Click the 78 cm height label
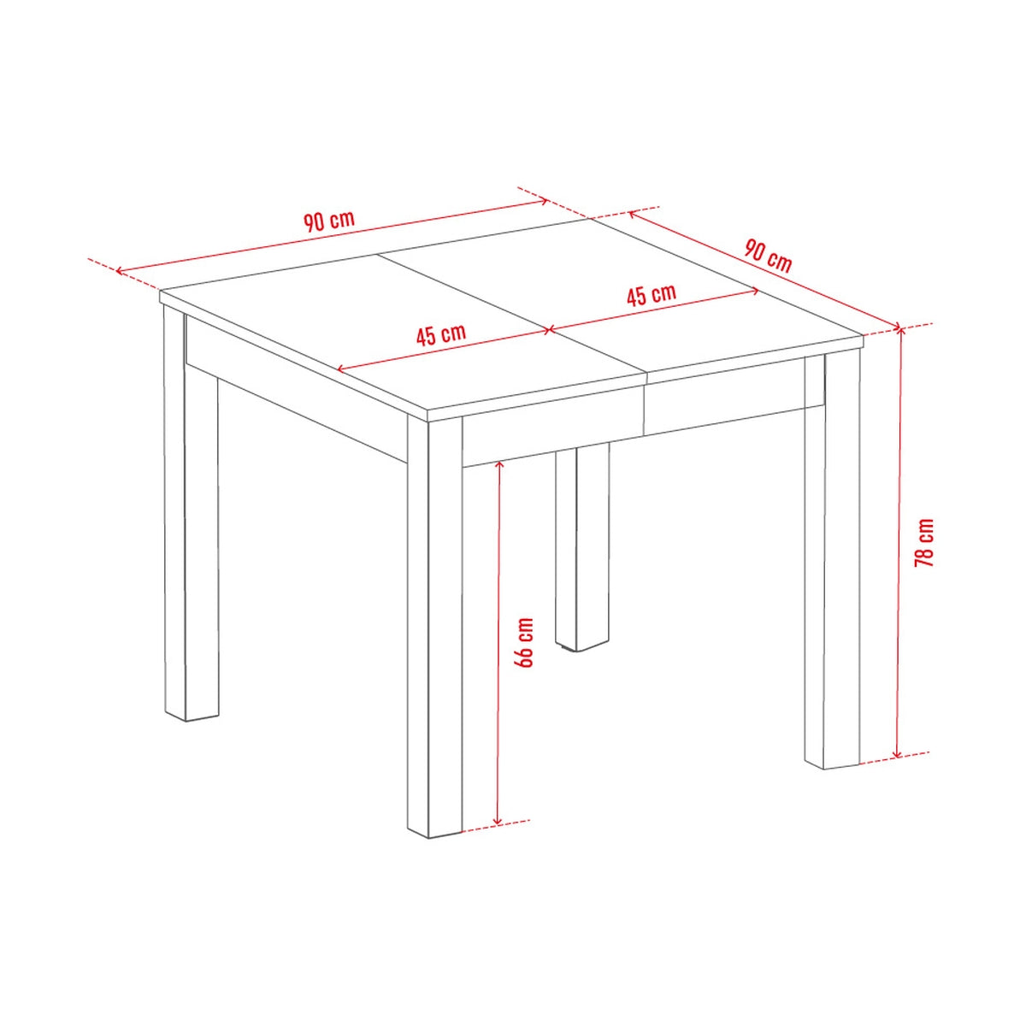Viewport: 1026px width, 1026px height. pyautogui.click(x=924, y=543)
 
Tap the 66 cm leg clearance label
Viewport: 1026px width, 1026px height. pyautogui.click(x=524, y=642)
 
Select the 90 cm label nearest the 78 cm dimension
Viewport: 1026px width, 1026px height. pyautogui.click(x=768, y=256)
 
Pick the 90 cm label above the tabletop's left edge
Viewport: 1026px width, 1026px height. pyautogui.click(x=328, y=221)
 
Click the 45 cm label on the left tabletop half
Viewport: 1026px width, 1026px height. pyautogui.click(x=441, y=333)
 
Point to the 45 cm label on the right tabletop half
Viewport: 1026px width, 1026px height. pyautogui.click(x=652, y=295)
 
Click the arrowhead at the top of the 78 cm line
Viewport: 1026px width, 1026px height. pyautogui.click(x=898, y=330)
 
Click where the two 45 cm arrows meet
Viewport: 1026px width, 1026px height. pyautogui.click(x=547, y=329)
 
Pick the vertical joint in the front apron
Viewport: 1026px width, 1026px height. pyautogui.click(x=646, y=402)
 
